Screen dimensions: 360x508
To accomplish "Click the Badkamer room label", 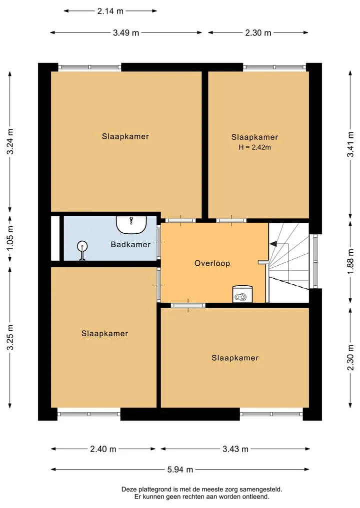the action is (x=130, y=244).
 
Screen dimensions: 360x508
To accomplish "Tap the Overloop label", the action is (x=212, y=263).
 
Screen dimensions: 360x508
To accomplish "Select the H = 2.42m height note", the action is (x=255, y=147).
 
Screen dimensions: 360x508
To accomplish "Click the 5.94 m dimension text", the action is (x=180, y=469).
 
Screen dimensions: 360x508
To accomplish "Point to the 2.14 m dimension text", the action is (x=110, y=11).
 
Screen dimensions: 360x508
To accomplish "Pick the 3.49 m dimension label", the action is (x=126, y=33).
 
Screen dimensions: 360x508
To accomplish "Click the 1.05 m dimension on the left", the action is (x=10, y=238).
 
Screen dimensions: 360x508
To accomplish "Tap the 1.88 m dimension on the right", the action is (x=350, y=261).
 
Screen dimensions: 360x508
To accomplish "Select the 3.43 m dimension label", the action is (x=235, y=449).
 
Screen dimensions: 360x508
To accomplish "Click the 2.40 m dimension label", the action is (x=103, y=449).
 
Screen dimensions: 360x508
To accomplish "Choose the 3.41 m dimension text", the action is (x=350, y=144).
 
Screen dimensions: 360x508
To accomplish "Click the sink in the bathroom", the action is (x=131, y=224).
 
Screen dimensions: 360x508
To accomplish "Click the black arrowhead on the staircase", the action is (x=273, y=243).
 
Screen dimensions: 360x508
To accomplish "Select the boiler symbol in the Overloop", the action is (x=242, y=294).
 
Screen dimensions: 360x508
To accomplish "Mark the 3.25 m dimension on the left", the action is (x=10, y=337).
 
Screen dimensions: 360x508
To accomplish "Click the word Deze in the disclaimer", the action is (x=128, y=490).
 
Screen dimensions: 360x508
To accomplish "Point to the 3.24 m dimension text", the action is (x=10, y=141).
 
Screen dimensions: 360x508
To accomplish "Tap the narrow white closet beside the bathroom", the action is (x=55, y=238).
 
